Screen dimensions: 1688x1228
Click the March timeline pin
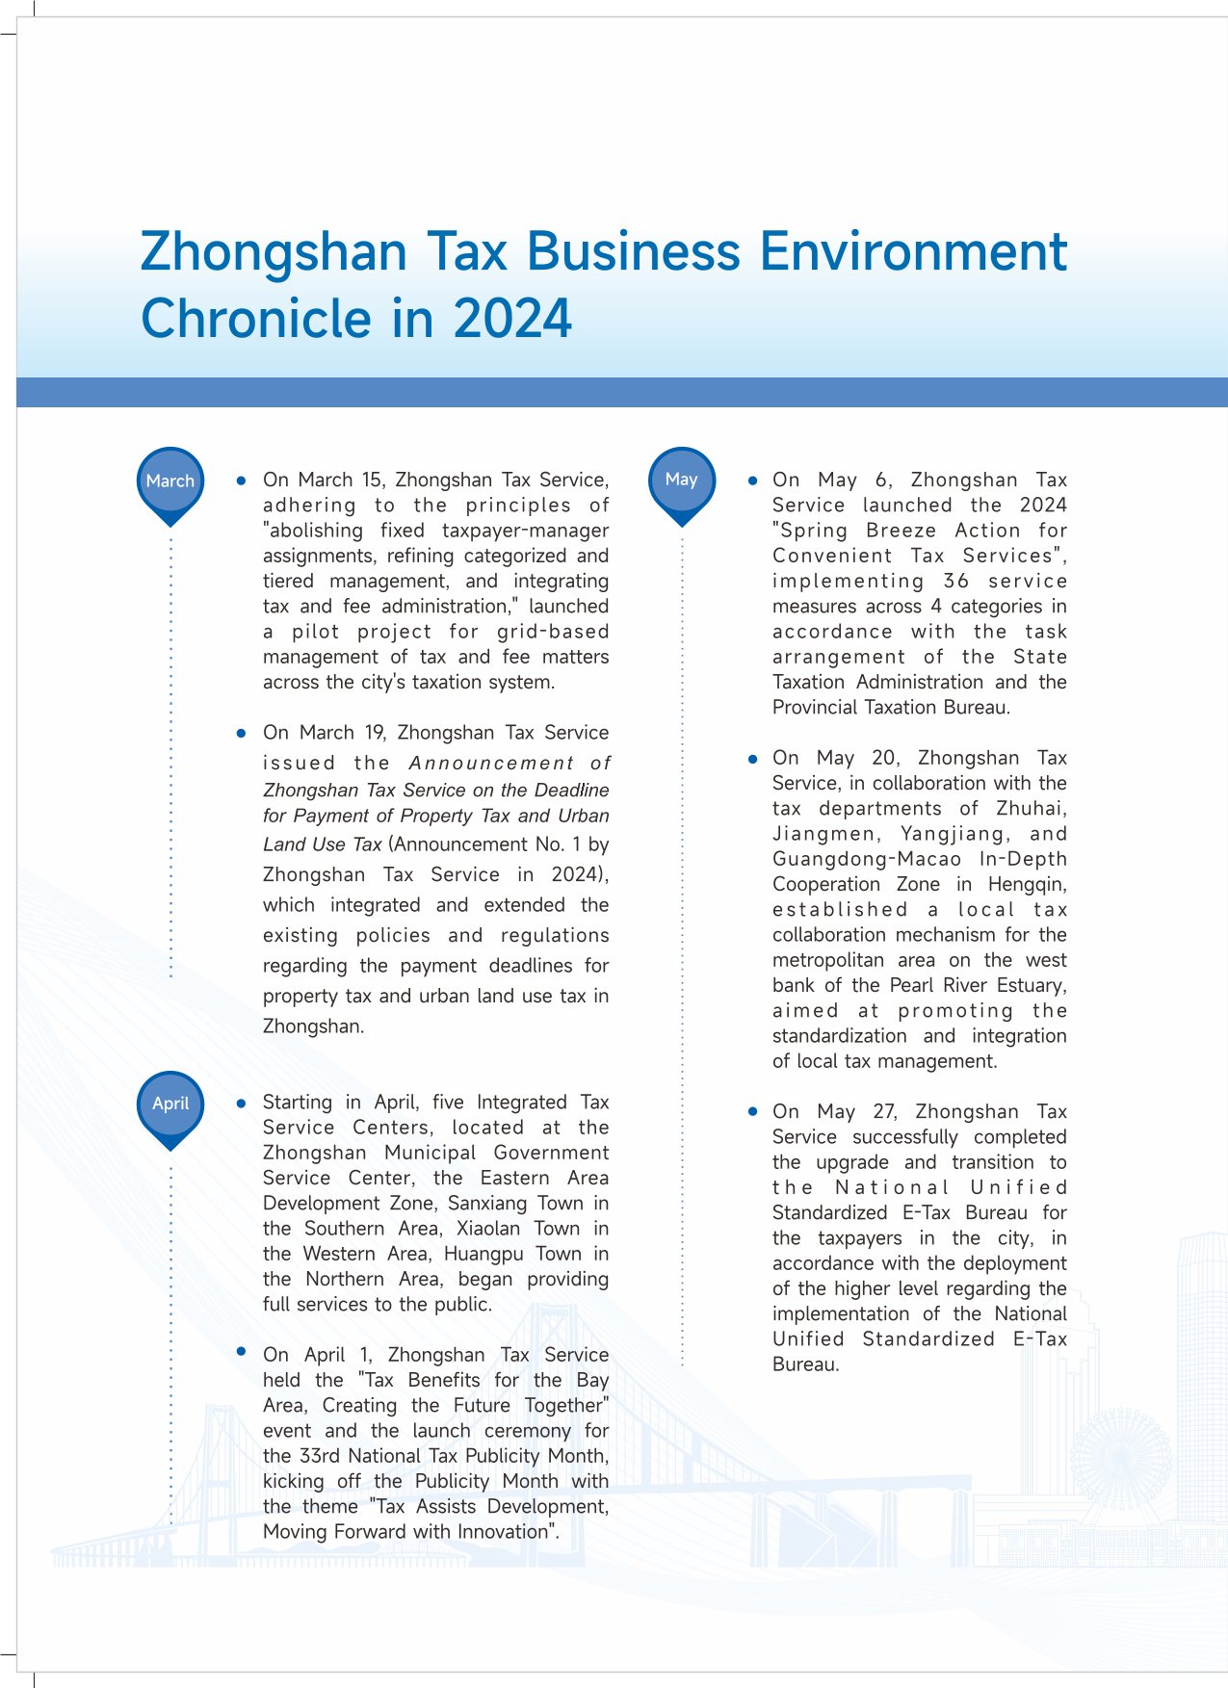[170, 481]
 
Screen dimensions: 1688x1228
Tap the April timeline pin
[170, 1104]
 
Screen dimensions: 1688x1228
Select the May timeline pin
[681, 480]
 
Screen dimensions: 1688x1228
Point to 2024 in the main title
[512, 319]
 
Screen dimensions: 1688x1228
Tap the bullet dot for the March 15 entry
[242, 480]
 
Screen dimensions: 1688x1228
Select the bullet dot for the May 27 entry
[752, 1111]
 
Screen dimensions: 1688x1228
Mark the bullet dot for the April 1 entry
[242, 1352]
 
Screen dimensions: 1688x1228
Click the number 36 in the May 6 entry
[955, 581]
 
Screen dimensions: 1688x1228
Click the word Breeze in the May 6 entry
[901, 531]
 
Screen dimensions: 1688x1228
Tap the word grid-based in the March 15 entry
[553, 632]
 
